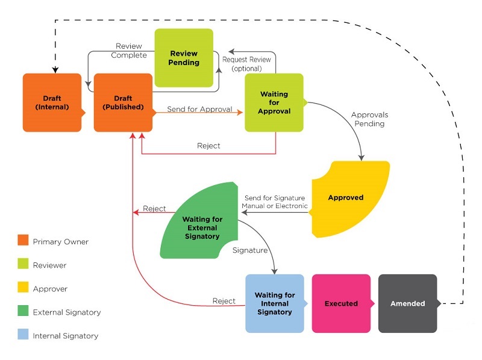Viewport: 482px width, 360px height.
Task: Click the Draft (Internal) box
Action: (52, 103)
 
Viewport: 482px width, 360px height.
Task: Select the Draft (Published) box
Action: (123, 103)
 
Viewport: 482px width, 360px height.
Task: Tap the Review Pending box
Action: (184, 58)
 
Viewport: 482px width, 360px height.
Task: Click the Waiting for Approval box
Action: (274, 103)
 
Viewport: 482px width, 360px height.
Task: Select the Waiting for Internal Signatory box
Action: (274, 303)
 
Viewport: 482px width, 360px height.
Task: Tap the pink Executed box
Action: (341, 303)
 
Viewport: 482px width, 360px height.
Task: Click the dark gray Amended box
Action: (407, 303)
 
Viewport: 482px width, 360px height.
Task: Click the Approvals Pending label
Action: (369, 119)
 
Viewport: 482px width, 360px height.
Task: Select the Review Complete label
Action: (129, 51)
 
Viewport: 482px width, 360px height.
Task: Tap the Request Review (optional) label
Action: (246, 64)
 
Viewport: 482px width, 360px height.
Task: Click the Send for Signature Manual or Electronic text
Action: (274, 202)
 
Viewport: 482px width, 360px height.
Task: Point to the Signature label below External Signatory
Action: (249, 248)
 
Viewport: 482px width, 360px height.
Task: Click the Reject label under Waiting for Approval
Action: (208, 146)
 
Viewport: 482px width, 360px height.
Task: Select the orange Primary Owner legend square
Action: (23, 241)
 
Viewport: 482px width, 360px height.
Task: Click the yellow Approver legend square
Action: (23, 289)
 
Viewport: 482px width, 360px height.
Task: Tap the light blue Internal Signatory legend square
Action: (23, 335)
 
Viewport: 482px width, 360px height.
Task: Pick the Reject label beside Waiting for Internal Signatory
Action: (224, 301)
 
